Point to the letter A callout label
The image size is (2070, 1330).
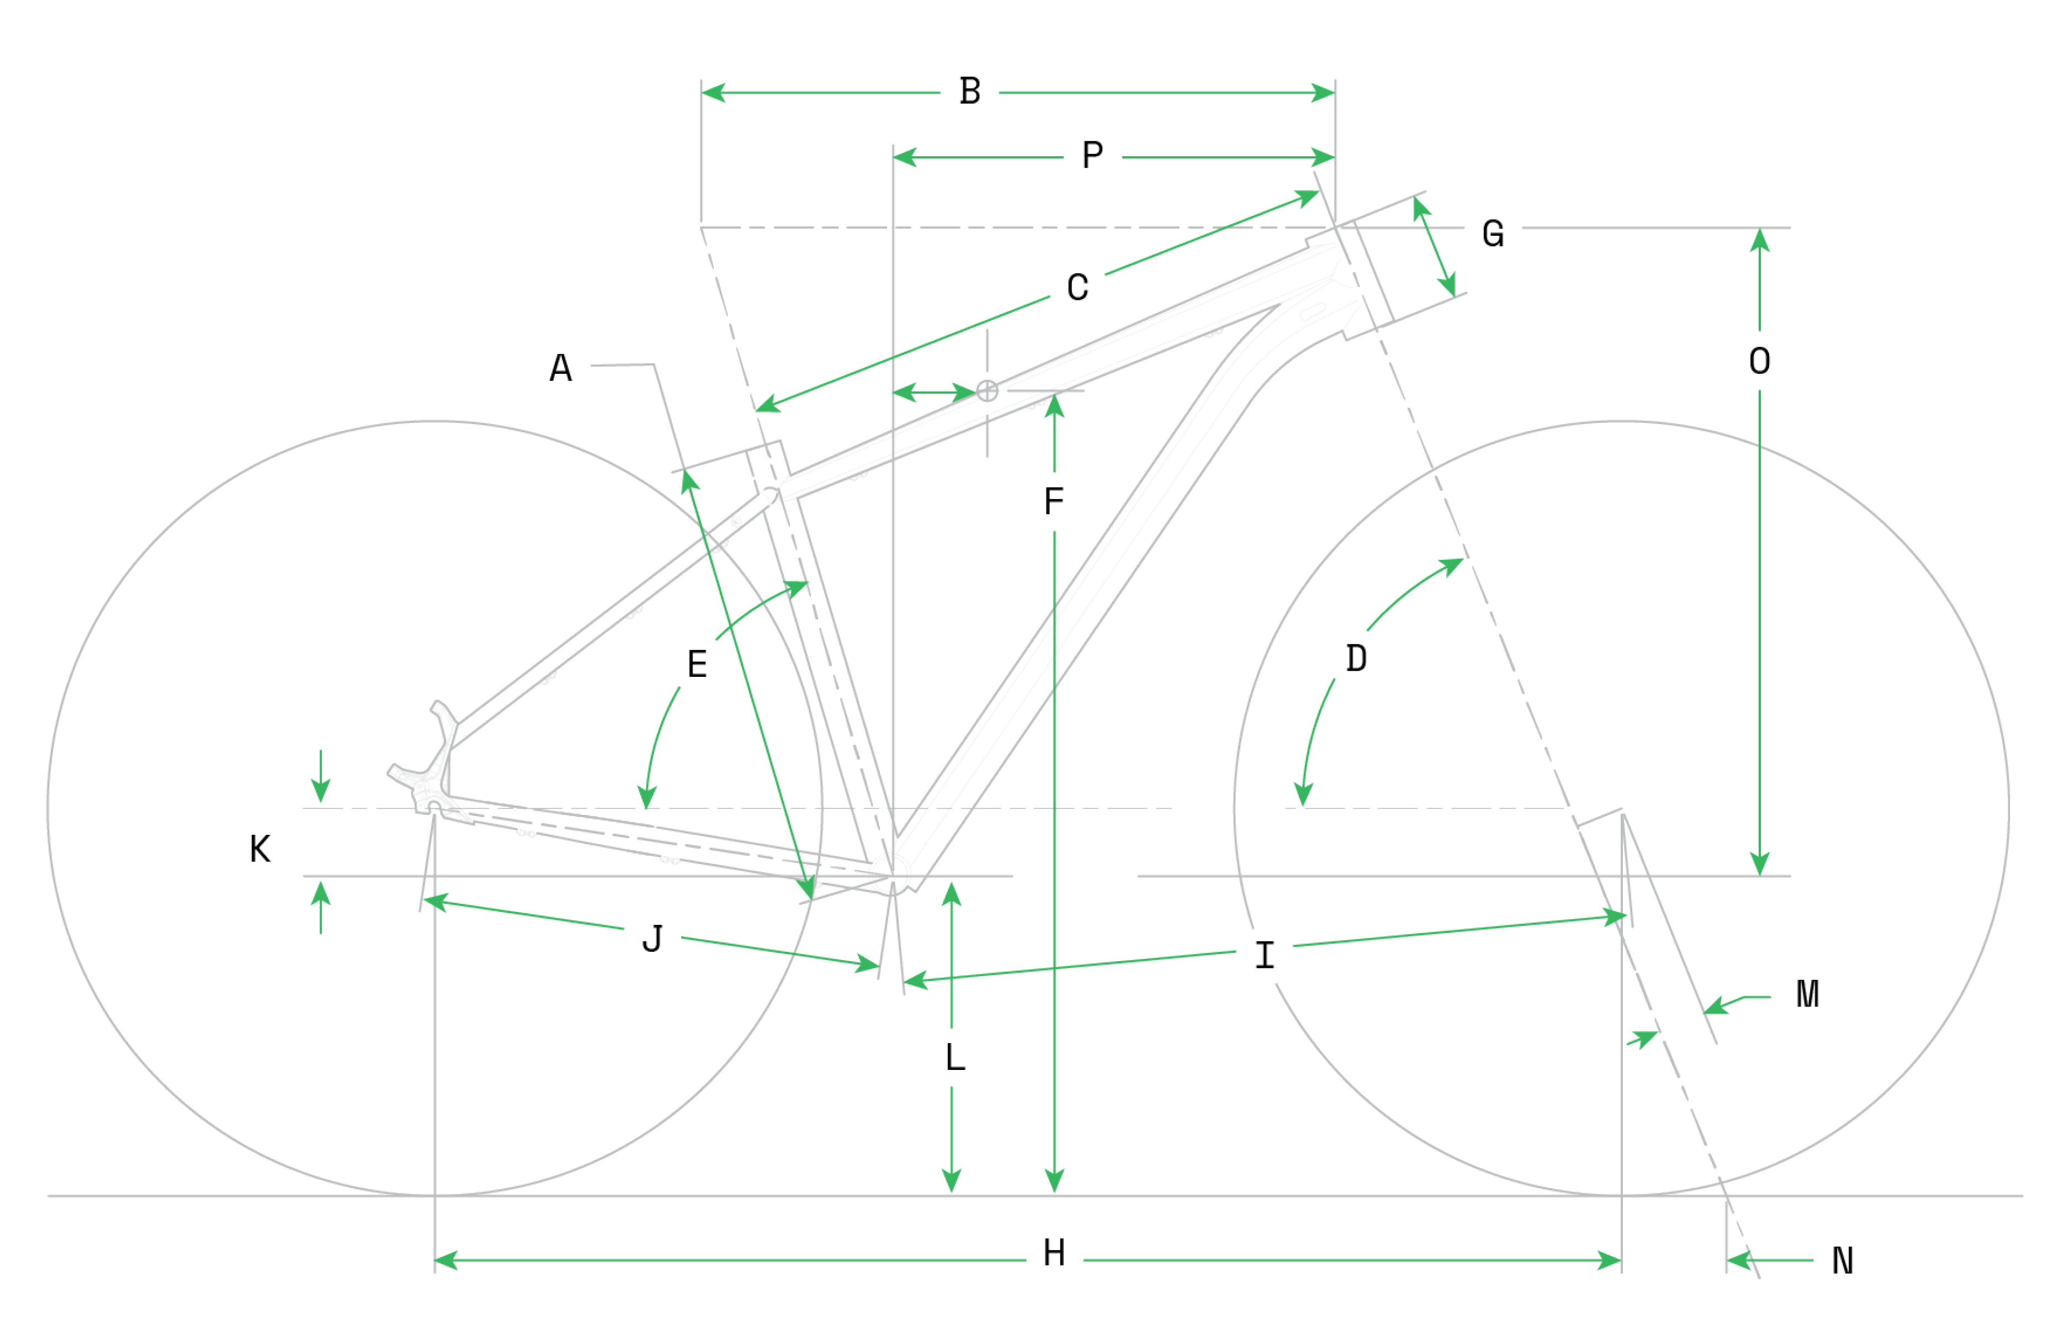tap(561, 368)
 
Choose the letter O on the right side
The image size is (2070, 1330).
tap(1759, 361)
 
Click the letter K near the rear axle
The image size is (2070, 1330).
tap(260, 849)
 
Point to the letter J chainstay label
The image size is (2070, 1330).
tap(652, 939)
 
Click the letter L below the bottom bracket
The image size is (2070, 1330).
tap(955, 1057)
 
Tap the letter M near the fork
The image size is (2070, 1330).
tap(1808, 994)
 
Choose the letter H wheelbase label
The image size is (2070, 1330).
tap(1054, 1253)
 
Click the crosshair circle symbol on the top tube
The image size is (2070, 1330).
tap(988, 391)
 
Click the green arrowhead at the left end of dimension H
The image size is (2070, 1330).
tap(445, 1261)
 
